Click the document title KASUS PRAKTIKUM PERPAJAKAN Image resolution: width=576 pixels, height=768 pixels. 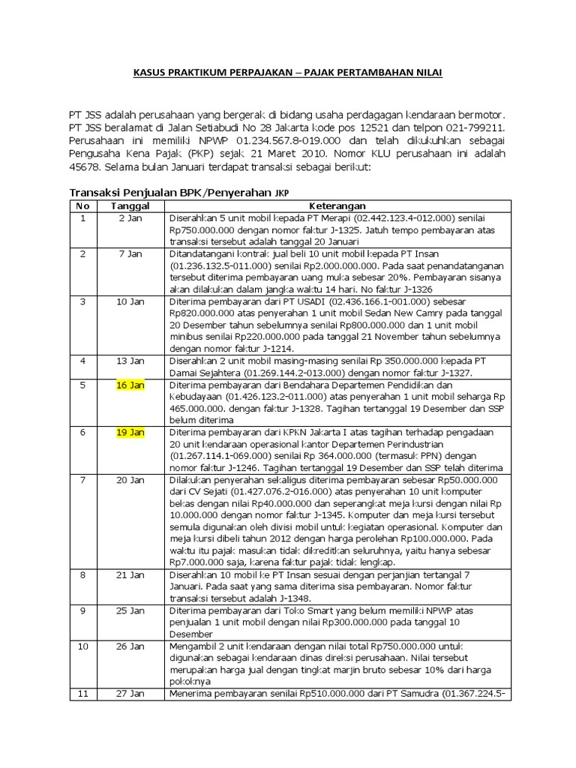pyautogui.click(x=287, y=73)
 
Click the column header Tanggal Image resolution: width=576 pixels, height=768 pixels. pyautogui.click(x=130, y=205)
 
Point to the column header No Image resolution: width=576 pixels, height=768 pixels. pyautogui.click(x=83, y=205)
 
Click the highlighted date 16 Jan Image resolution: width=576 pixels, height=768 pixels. pyautogui.click(x=130, y=385)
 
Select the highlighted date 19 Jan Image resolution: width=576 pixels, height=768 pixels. pyautogui.click(x=130, y=433)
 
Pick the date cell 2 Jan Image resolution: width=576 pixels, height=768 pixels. pyautogui.click(x=130, y=218)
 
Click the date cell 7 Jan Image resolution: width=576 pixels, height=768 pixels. pyautogui.click(x=130, y=254)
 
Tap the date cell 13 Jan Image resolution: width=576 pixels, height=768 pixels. pyautogui.click(x=130, y=361)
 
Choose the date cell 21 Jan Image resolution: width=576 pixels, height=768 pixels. pyautogui.click(x=130, y=575)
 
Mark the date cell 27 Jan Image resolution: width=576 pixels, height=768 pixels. pyautogui.click(x=130, y=694)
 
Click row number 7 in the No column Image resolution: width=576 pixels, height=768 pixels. pyautogui.click(x=83, y=480)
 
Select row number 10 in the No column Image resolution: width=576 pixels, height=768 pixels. pyautogui.click(x=83, y=646)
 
